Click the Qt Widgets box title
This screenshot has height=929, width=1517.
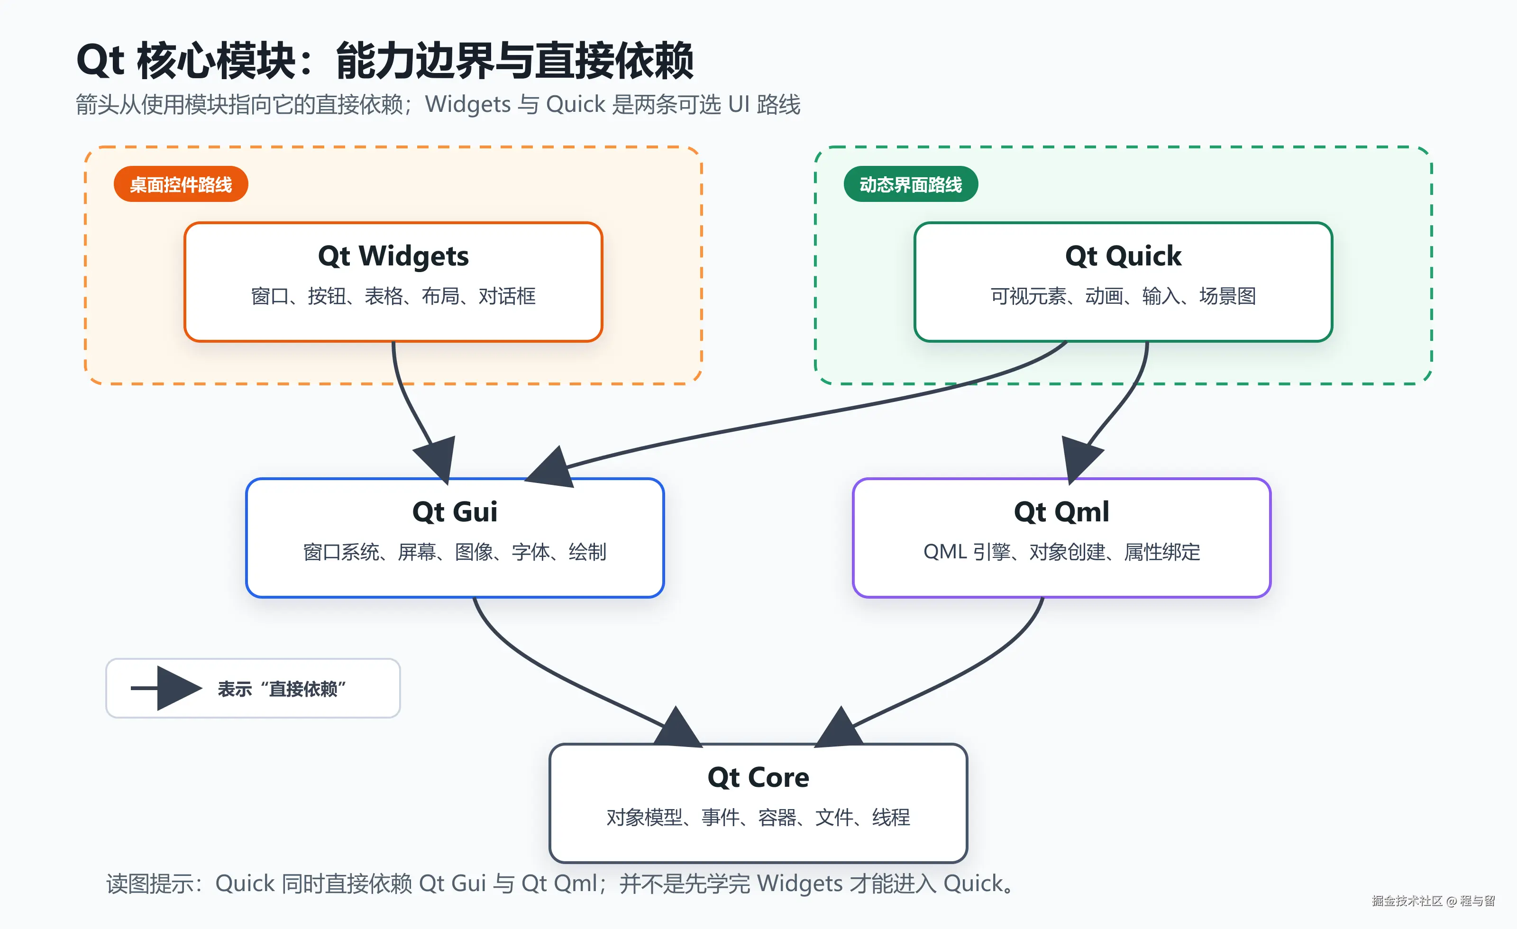coord(393,256)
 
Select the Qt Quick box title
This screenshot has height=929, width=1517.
coord(1123,256)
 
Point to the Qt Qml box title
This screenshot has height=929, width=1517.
coord(1061,511)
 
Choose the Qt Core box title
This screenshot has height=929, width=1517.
coord(758,777)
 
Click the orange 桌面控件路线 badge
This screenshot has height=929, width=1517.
coord(181,184)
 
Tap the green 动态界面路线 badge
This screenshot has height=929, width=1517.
coord(911,184)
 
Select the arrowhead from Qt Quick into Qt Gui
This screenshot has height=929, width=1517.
coord(551,468)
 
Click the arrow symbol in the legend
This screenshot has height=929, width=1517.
coord(166,688)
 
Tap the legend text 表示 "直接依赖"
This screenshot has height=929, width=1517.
coord(282,689)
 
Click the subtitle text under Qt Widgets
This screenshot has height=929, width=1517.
coord(393,296)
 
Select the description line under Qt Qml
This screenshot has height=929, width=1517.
coord(1061,552)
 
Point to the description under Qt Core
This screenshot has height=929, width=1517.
coord(758,818)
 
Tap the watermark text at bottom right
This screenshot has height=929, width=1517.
coord(1433,901)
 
